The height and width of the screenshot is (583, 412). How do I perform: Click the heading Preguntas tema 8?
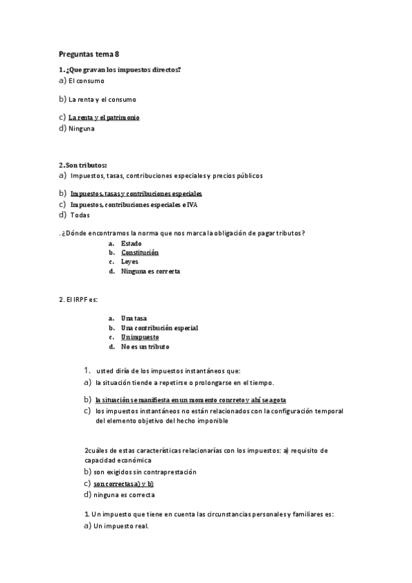tap(89, 55)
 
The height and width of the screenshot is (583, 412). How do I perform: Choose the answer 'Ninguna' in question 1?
tap(82, 129)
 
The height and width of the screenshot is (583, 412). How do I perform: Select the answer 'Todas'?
tap(80, 215)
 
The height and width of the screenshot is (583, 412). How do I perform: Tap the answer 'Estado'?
tap(131, 243)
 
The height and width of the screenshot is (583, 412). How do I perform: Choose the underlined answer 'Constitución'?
tap(140, 252)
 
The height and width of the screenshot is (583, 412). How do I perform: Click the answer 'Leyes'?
tap(129, 262)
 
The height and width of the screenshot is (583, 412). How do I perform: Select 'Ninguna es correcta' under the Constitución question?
tap(151, 272)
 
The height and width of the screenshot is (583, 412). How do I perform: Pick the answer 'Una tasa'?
tap(134, 318)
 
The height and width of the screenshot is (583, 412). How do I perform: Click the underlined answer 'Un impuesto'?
tap(140, 338)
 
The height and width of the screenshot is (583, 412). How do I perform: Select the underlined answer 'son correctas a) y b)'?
tap(123, 483)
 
